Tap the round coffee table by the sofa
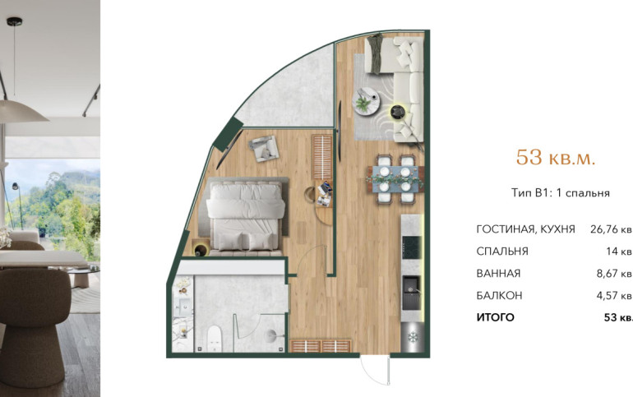(x=366, y=101)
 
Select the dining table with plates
(x=395, y=178)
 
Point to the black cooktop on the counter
(x=412, y=247)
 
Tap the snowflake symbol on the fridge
(x=413, y=336)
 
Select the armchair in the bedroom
(x=264, y=148)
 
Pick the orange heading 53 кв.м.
(x=556, y=157)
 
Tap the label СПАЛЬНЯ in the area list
(x=502, y=252)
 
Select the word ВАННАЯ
(x=498, y=274)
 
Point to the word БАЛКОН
(x=499, y=296)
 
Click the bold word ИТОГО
(x=496, y=317)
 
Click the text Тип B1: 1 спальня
(x=561, y=193)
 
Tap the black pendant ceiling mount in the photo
(x=15, y=21)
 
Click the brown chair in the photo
(x=35, y=327)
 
